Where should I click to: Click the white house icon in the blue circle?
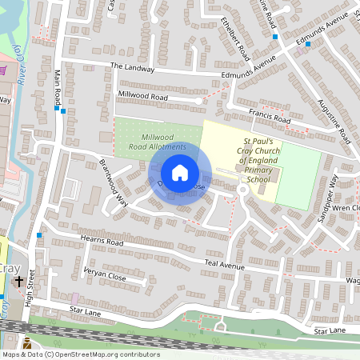tap(180, 173)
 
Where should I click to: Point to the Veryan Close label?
tap(104, 273)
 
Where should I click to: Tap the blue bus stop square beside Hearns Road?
tap(39, 235)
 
